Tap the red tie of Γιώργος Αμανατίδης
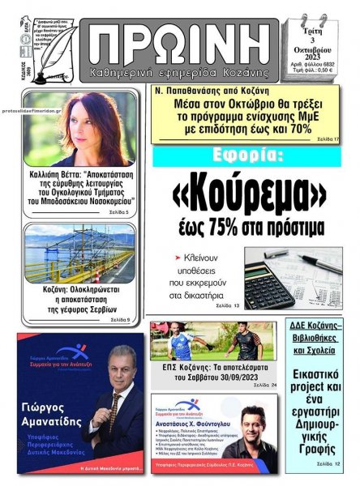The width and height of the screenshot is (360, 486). click(114, 408)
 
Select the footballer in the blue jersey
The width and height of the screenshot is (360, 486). click(246, 343)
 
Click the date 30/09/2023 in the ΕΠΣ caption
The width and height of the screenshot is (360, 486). click(243, 375)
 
